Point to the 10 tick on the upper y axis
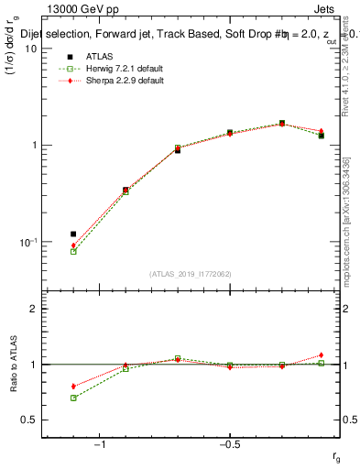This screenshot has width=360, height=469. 30,49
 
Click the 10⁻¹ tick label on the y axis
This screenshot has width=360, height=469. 27,243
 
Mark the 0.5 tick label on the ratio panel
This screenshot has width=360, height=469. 29,420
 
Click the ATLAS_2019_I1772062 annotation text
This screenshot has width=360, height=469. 191,274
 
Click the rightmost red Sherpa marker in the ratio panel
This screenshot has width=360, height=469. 322,355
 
